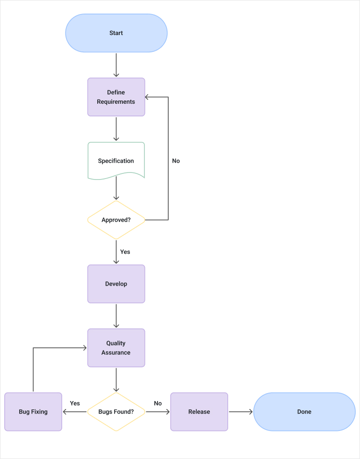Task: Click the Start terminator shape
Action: click(x=116, y=33)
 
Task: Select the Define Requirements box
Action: click(x=116, y=97)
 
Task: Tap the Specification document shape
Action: click(x=116, y=160)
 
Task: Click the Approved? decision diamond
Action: click(x=116, y=220)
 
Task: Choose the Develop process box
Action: click(x=116, y=284)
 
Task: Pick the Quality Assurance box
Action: click(x=116, y=348)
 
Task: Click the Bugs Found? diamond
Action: click(x=116, y=412)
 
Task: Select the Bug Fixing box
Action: click(x=33, y=412)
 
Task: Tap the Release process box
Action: click(x=199, y=412)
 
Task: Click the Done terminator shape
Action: click(x=304, y=412)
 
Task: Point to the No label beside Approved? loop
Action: click(x=176, y=161)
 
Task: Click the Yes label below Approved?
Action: click(x=125, y=252)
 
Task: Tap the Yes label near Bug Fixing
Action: click(x=75, y=403)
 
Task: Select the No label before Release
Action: click(x=158, y=403)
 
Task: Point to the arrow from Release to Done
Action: click(x=240, y=412)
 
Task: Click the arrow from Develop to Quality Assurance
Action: click(x=116, y=316)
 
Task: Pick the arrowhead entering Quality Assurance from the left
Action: click(x=85, y=348)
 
